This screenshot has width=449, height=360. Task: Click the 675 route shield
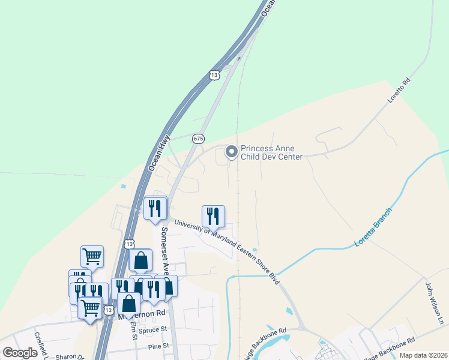click(x=198, y=139)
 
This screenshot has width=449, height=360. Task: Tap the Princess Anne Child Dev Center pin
click(x=231, y=153)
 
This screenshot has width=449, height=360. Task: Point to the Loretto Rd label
click(x=398, y=91)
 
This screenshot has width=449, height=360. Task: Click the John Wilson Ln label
click(x=434, y=303)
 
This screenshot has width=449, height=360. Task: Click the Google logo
click(x=20, y=353)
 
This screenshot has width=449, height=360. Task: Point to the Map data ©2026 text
click(x=423, y=355)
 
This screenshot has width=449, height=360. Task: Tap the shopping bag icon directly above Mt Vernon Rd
click(x=128, y=304)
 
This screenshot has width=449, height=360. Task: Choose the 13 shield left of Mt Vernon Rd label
click(x=108, y=310)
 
